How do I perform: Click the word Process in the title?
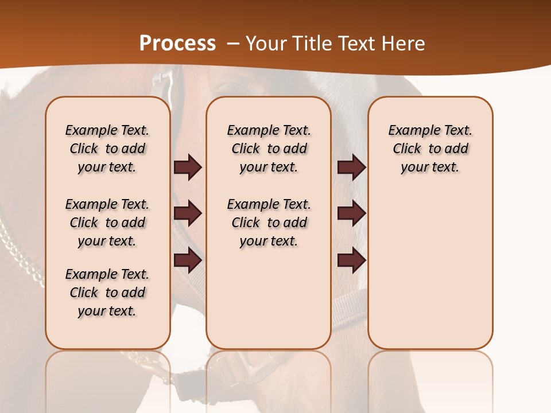[177, 43]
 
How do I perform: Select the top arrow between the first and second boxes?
[188, 167]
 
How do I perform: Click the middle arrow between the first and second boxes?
[188, 213]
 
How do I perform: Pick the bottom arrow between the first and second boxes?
[188, 260]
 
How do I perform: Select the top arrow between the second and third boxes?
[351, 167]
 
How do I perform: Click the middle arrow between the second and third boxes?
[351, 213]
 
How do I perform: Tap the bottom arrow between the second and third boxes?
[351, 260]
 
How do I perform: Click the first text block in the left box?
[107, 149]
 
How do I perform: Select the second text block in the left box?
[107, 223]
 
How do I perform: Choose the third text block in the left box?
[107, 293]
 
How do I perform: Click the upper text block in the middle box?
[269, 149]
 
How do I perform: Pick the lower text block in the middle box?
[269, 223]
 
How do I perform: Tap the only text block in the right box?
[430, 149]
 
